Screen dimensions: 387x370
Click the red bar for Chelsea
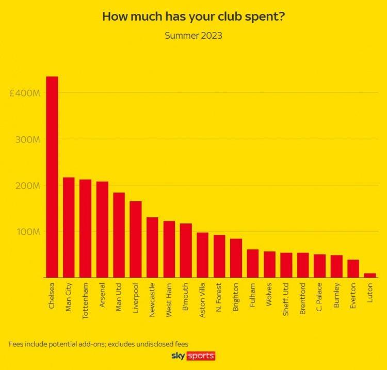(52, 177)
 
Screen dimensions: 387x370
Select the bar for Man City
(69, 228)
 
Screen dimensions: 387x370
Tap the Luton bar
(370, 275)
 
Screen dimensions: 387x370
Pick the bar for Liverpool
(136, 239)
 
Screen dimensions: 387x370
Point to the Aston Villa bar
(202, 255)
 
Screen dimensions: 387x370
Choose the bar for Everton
(353, 268)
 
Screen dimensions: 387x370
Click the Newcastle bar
(152, 247)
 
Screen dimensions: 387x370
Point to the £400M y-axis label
(24, 93)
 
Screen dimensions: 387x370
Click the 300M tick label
(27, 140)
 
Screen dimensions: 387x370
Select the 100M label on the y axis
(28, 232)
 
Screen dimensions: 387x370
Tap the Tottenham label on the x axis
(85, 301)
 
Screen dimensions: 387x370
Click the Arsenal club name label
(102, 295)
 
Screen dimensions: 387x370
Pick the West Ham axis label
(169, 300)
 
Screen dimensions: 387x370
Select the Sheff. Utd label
(286, 299)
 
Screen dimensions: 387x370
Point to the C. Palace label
(319, 297)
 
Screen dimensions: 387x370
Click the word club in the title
(229, 17)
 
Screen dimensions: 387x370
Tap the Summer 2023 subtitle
(193, 36)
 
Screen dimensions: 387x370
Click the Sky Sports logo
(193, 356)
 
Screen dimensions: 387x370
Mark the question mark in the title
(282, 17)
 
